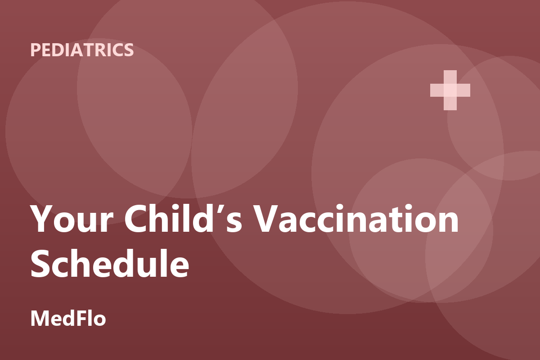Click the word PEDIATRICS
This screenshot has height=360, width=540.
click(82, 50)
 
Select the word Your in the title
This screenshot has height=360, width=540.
click(72, 218)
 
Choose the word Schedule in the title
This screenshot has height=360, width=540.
click(110, 263)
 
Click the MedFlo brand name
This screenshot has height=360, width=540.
click(68, 318)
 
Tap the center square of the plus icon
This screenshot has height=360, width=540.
click(450, 90)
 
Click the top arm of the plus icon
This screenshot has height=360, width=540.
click(450, 77)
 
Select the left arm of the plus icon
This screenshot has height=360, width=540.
click(437, 90)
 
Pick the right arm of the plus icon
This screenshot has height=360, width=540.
click(463, 90)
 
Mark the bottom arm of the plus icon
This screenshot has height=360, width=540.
click(450, 103)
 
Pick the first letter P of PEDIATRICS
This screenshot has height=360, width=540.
click(36, 50)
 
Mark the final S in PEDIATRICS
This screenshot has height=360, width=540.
click(129, 50)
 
